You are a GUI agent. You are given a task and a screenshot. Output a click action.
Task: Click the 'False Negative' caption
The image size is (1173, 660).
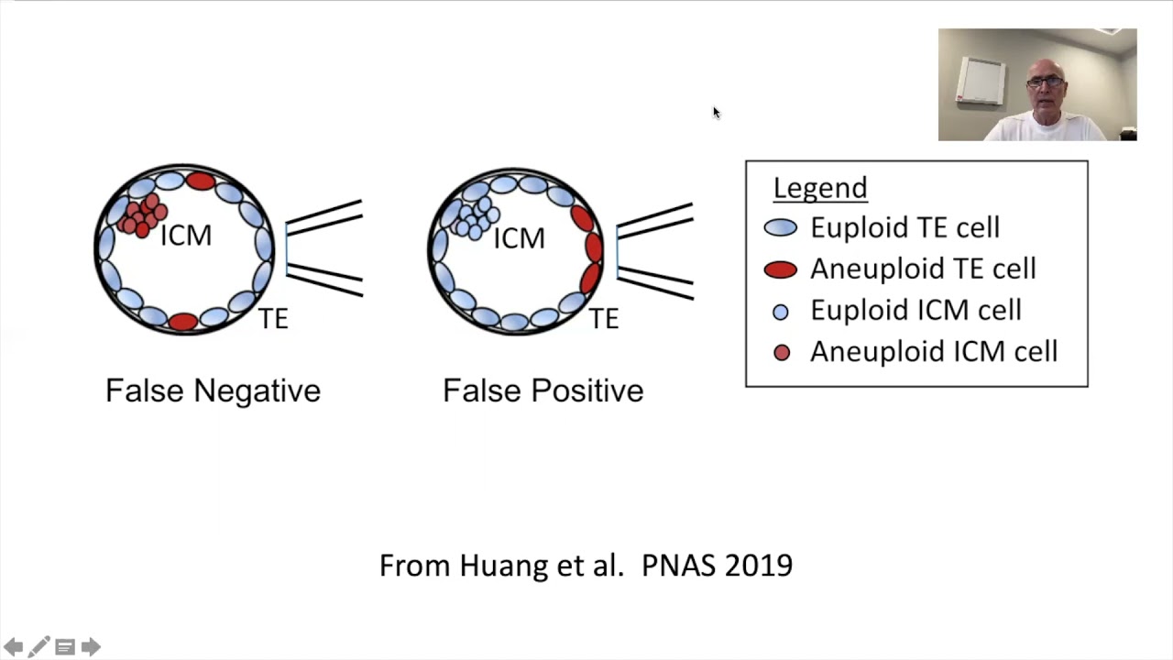tap(213, 390)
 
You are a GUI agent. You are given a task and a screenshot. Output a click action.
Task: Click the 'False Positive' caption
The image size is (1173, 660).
tap(543, 390)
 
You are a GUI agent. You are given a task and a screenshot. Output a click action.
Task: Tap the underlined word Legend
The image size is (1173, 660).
tap(819, 188)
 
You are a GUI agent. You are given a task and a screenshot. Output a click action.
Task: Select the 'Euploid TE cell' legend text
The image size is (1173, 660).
tap(904, 228)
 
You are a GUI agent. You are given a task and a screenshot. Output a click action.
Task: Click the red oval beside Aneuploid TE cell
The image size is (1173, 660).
tap(780, 269)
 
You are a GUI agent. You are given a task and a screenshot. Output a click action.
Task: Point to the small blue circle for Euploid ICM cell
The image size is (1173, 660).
tap(781, 312)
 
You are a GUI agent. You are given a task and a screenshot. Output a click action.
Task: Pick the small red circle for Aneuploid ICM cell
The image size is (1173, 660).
tap(782, 353)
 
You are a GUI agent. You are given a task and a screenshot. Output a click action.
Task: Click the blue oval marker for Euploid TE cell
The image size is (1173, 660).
tap(780, 228)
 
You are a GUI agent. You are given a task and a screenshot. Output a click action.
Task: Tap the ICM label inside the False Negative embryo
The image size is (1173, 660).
tap(186, 236)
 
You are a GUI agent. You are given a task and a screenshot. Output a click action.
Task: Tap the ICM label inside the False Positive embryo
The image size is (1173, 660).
tap(519, 238)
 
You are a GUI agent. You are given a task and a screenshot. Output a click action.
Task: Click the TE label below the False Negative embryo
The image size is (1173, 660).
tap(273, 319)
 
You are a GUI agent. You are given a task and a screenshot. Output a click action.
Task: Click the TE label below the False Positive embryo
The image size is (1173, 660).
tap(603, 319)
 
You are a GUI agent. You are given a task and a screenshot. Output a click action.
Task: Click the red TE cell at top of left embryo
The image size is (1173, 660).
tap(200, 181)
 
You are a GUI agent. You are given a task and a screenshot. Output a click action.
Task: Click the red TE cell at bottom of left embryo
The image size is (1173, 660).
tap(183, 321)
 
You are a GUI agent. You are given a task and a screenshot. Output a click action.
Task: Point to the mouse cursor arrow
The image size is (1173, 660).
tap(716, 113)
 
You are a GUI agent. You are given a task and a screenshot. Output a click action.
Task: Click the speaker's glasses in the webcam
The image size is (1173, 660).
tap(1046, 82)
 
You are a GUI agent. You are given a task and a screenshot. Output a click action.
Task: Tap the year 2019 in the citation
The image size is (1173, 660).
tap(759, 566)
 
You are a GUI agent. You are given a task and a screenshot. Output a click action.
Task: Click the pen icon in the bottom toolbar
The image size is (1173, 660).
tap(38, 647)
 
